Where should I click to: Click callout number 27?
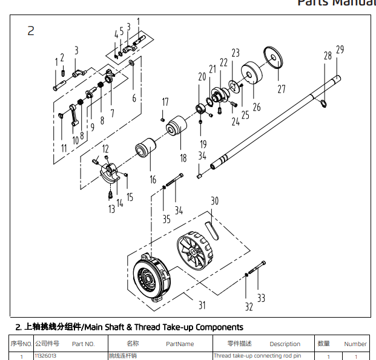(x=281, y=89)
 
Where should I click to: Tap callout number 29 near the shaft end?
(x=340, y=49)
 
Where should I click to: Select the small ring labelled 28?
(x=325, y=105)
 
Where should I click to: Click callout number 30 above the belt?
(x=214, y=201)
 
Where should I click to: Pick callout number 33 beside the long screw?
(x=261, y=298)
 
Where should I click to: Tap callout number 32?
(x=249, y=307)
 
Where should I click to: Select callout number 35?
(x=166, y=219)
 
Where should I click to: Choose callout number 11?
(x=64, y=148)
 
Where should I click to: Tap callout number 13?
(x=112, y=209)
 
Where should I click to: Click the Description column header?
(x=285, y=344)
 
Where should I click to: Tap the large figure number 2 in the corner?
(x=31, y=30)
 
